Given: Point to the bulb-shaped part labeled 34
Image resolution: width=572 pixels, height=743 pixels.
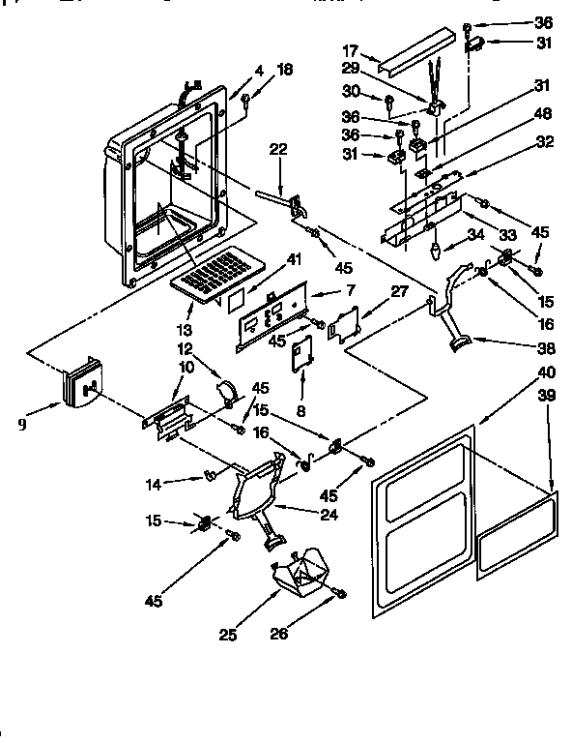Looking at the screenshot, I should tap(436, 253).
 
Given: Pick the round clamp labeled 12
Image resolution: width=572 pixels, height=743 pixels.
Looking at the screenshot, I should tap(227, 390).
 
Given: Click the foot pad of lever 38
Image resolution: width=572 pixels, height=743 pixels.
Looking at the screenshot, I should tap(459, 341).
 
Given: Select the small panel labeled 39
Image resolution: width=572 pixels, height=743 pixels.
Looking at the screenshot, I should tap(518, 535).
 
